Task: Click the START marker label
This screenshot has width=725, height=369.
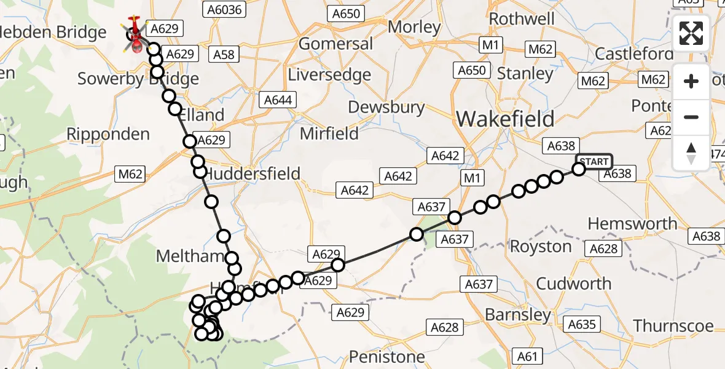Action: click(x=594, y=162)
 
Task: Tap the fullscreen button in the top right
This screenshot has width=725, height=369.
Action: click(x=691, y=33)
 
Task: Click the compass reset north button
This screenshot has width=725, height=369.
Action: click(x=691, y=153)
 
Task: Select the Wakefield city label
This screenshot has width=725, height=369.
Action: click(x=505, y=119)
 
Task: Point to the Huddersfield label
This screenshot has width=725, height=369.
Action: click(x=252, y=173)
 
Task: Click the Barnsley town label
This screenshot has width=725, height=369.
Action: click(x=518, y=315)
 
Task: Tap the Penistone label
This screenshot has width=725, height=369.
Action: click(x=386, y=357)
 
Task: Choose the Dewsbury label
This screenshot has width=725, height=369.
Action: click(x=386, y=107)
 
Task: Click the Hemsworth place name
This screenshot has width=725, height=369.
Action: click(x=633, y=223)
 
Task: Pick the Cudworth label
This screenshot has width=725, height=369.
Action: click(x=574, y=284)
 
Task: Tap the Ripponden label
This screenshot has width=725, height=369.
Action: click(x=108, y=134)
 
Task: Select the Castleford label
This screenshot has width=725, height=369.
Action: click(x=634, y=54)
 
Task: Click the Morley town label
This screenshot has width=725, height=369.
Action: click(x=415, y=27)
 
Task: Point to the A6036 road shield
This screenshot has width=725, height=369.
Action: click(x=224, y=9)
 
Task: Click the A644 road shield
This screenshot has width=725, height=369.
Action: click(x=278, y=100)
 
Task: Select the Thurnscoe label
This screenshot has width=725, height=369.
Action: click(x=673, y=325)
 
